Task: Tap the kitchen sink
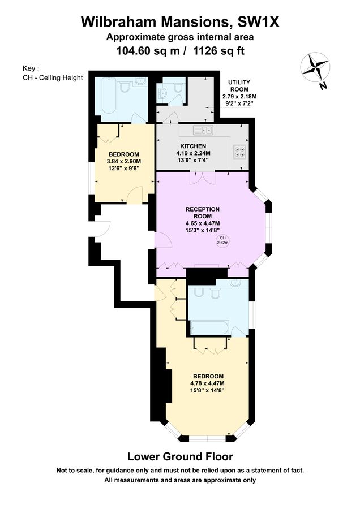point(202,131)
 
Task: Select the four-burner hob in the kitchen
point(239,152)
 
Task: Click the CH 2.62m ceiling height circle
point(222,240)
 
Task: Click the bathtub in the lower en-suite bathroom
point(212,327)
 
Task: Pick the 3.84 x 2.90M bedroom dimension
point(123,161)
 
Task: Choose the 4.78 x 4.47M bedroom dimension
point(208,383)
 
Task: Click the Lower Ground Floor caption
point(179,456)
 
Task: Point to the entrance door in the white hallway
point(102,228)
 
